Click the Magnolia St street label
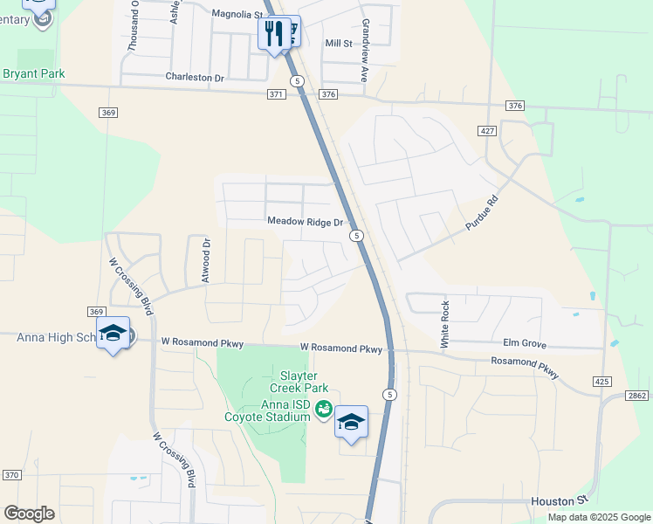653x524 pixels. (x=237, y=15)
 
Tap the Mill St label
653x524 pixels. (x=338, y=43)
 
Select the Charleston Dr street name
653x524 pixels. (x=195, y=77)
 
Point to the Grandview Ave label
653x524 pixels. (x=365, y=51)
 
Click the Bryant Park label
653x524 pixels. (x=34, y=74)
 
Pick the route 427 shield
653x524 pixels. (x=487, y=130)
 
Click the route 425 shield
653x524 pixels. (x=601, y=382)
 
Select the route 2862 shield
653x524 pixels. (x=636, y=396)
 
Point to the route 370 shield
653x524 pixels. (x=11, y=474)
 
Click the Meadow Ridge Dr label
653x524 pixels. (x=306, y=223)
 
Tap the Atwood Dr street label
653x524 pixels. (x=207, y=260)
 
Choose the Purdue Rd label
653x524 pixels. (x=481, y=212)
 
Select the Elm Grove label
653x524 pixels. (x=525, y=343)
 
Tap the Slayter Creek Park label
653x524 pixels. (x=292, y=381)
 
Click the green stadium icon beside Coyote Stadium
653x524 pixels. (x=323, y=408)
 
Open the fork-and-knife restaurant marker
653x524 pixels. (x=273, y=34)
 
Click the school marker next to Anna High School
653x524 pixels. (x=113, y=334)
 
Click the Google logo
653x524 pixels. (x=29, y=514)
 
